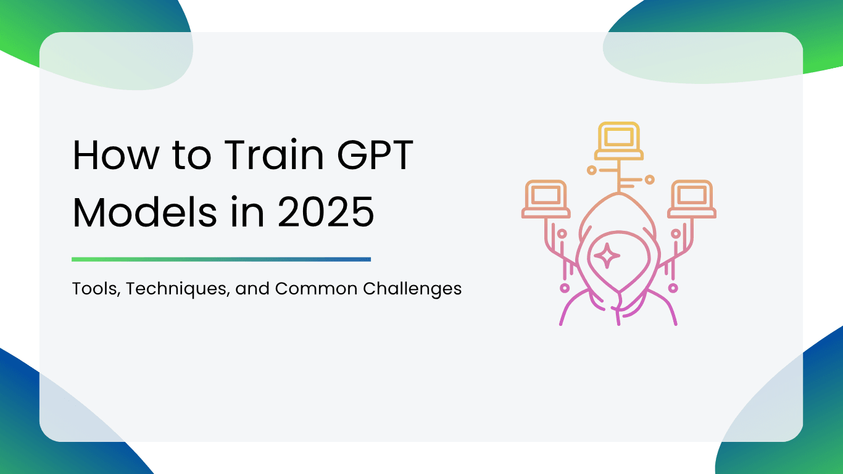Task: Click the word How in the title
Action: point(114,156)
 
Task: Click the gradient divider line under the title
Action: point(221,259)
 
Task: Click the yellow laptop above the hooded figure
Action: point(618,141)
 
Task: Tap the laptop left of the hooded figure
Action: point(546,199)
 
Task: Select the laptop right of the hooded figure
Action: point(692,199)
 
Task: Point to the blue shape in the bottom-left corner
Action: point(37,420)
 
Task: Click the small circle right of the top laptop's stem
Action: point(649,180)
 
